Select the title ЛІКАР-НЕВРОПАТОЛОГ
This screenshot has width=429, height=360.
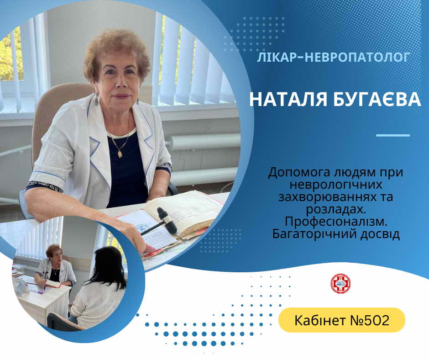334,57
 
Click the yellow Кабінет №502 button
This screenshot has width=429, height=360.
342,320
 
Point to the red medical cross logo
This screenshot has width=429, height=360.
340,284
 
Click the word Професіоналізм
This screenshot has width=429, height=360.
336,222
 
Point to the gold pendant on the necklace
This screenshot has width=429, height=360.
120,153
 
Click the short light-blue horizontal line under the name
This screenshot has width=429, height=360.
393,135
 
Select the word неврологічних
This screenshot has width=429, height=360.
336,185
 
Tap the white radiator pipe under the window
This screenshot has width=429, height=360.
204,141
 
